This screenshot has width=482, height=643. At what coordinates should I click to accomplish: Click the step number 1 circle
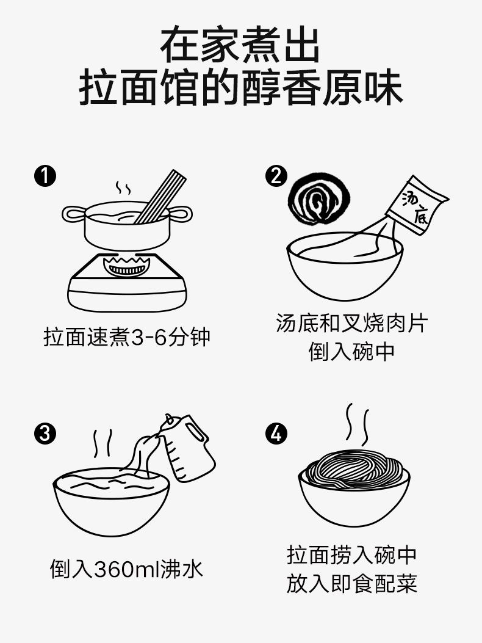45,176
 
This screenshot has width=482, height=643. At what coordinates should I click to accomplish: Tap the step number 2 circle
276,176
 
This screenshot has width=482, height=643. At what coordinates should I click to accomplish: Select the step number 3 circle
45,434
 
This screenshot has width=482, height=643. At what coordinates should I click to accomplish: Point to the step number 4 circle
276,434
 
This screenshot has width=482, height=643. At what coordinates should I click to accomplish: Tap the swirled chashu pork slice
319,199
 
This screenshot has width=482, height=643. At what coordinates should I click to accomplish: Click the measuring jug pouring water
187,447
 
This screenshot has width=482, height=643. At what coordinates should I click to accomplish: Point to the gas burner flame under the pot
127,265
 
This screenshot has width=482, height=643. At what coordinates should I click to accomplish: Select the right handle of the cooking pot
181,214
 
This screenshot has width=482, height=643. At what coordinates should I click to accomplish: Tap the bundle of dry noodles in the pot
160,197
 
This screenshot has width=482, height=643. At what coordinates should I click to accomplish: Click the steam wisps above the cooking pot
123,188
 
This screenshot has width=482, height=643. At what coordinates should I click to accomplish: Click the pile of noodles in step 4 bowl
354,470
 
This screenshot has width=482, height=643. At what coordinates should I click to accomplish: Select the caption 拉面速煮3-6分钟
127,338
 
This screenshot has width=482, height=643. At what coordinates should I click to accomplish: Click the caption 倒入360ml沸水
126,569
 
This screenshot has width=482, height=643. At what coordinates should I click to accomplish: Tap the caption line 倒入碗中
351,352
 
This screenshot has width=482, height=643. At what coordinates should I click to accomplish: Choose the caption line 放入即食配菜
351,584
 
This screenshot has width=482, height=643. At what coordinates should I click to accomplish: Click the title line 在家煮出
240,45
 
